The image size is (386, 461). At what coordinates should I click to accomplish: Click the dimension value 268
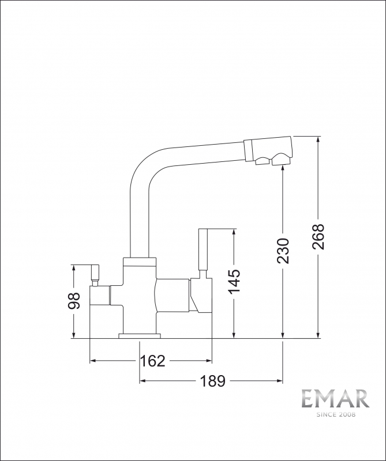[x=318, y=236]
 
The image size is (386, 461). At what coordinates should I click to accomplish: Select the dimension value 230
[x=283, y=251]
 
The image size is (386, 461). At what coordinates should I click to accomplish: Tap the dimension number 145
[x=234, y=281]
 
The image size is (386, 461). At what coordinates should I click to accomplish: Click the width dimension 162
[x=153, y=361]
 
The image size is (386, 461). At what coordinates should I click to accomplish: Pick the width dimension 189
[x=213, y=381]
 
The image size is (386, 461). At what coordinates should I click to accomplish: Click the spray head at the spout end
[x=269, y=151]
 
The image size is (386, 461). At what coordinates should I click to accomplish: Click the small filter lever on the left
[x=95, y=273]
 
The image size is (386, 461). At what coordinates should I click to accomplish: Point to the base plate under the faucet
[x=140, y=335]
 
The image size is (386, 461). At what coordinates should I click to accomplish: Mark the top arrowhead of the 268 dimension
[x=318, y=139]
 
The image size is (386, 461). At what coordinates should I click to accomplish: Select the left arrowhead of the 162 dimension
[x=93, y=361]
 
